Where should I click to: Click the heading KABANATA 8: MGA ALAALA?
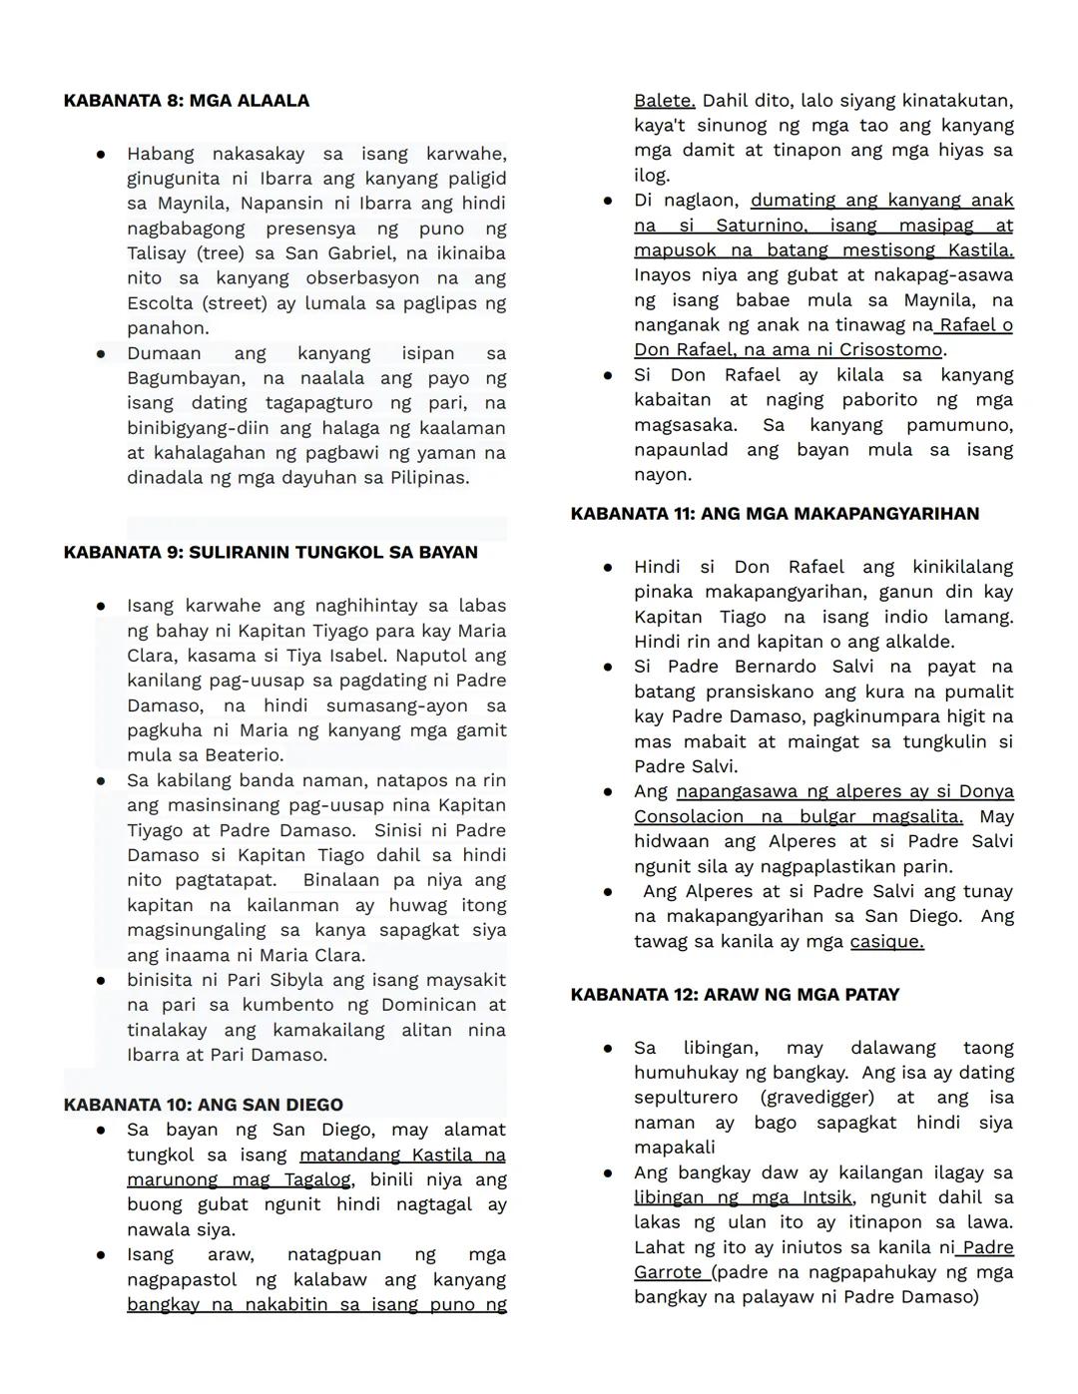point(186,101)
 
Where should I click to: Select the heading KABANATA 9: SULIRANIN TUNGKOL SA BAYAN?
point(270,553)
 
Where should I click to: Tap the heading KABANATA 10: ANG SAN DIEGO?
point(203,1105)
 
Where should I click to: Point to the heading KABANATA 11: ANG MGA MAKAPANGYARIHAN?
point(775,514)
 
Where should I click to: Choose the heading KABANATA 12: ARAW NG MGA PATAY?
point(735,995)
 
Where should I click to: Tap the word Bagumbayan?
point(184,378)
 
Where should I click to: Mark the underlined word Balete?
point(664,101)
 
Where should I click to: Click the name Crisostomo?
point(890,350)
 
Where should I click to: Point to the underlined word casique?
point(886,941)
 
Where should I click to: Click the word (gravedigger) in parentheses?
point(816,1098)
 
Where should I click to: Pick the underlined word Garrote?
point(669,1272)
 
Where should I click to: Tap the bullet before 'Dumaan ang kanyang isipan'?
point(101,353)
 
